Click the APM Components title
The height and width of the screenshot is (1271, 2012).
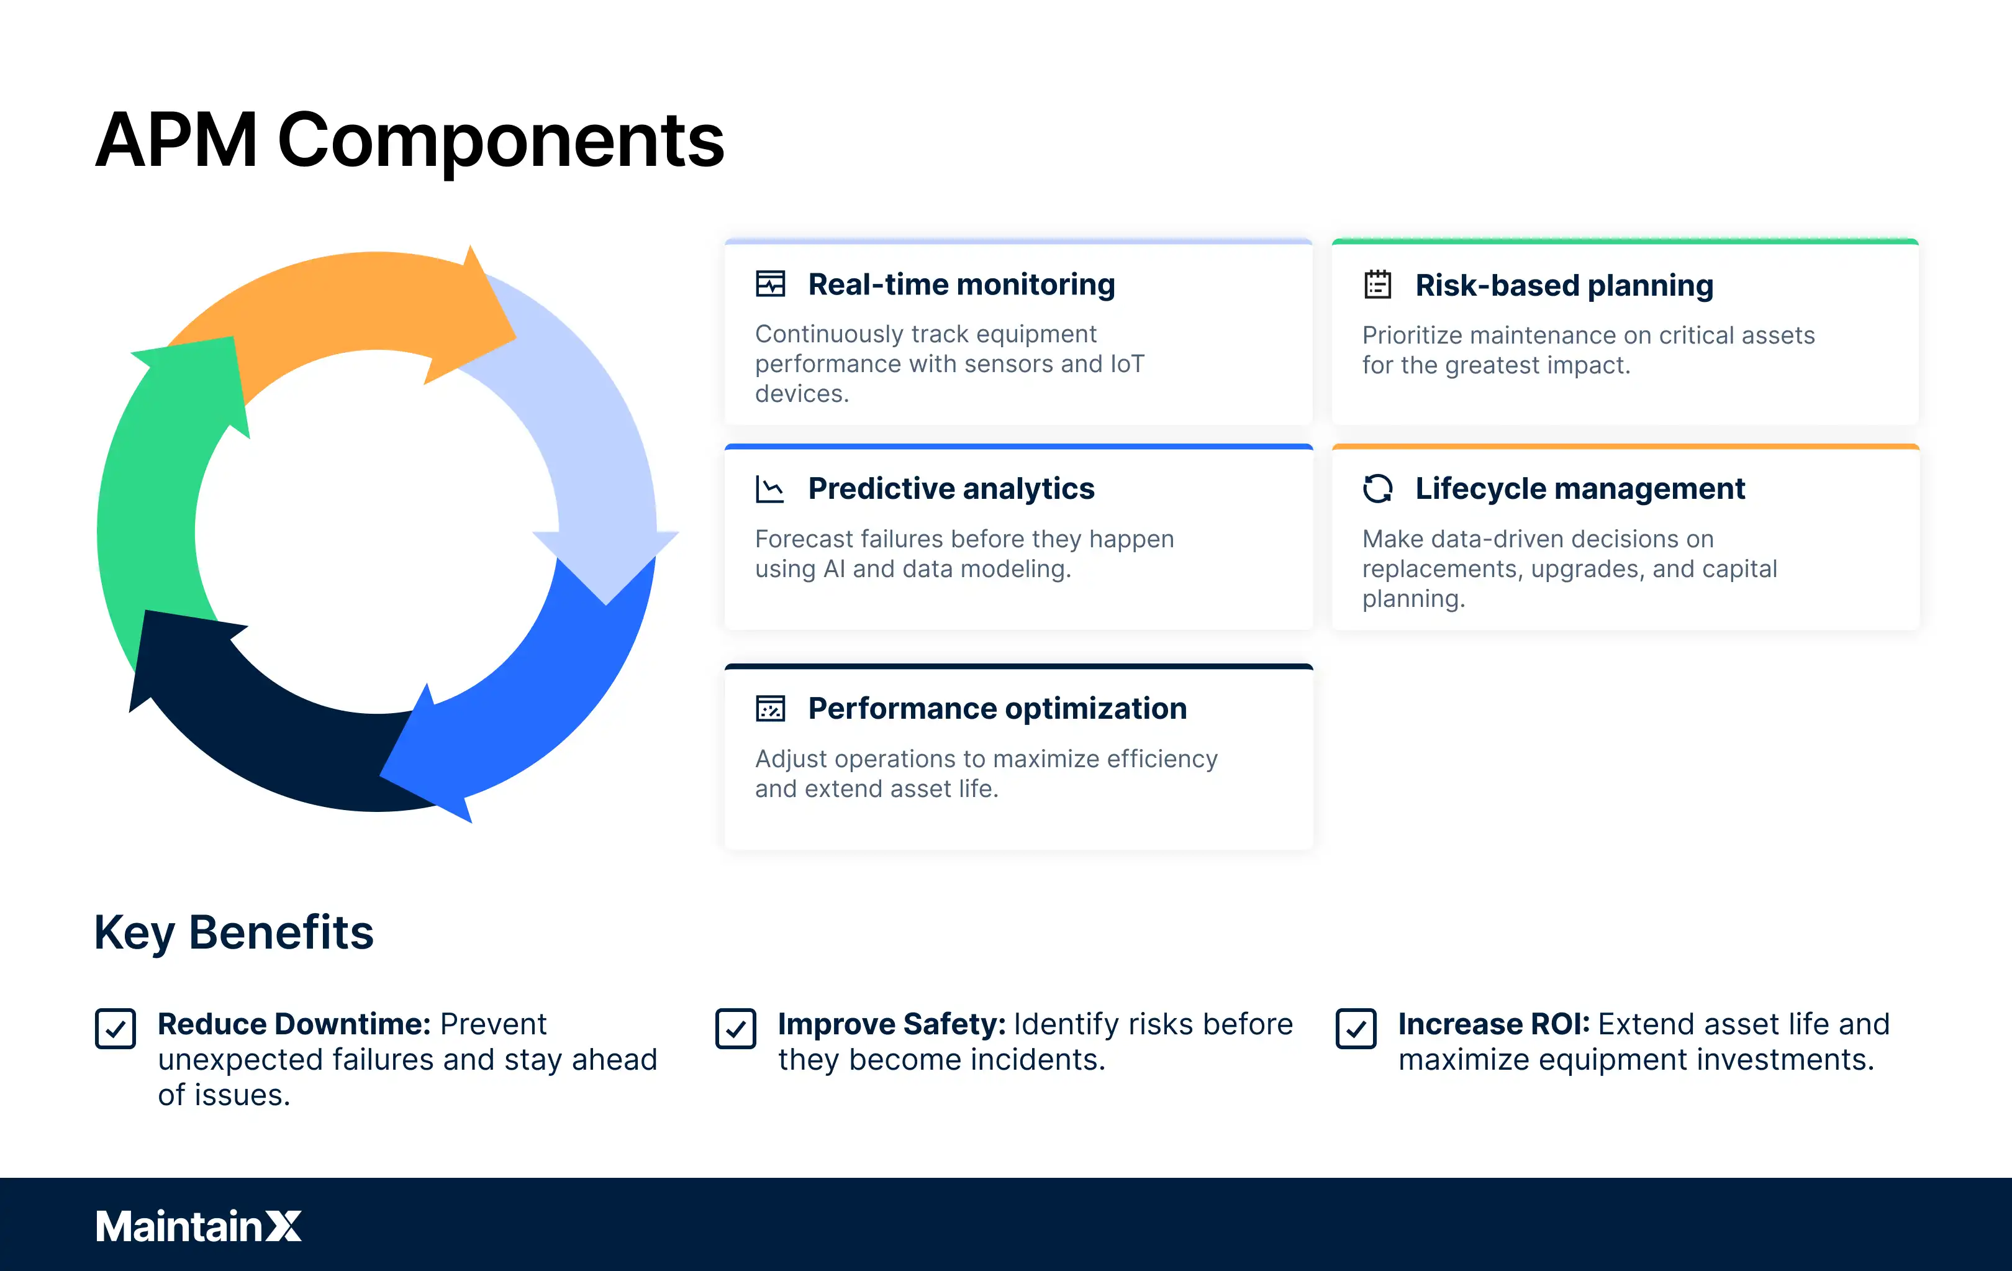(x=409, y=140)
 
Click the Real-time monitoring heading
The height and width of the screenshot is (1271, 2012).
(x=961, y=285)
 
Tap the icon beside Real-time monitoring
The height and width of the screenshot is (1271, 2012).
(x=769, y=284)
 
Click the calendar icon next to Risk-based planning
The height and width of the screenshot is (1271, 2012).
(x=1377, y=285)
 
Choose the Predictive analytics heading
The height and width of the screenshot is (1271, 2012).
(x=951, y=489)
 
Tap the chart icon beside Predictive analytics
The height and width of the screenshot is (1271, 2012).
(x=769, y=489)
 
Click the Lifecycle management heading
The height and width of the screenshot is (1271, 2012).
(x=1579, y=489)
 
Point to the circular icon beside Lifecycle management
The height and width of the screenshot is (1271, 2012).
(x=1377, y=489)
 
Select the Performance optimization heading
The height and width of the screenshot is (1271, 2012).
(x=997, y=709)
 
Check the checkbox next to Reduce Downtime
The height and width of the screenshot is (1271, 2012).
(x=116, y=1029)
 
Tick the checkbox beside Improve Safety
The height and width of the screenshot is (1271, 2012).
(x=735, y=1029)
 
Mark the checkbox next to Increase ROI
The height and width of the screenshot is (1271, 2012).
(x=1355, y=1029)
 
